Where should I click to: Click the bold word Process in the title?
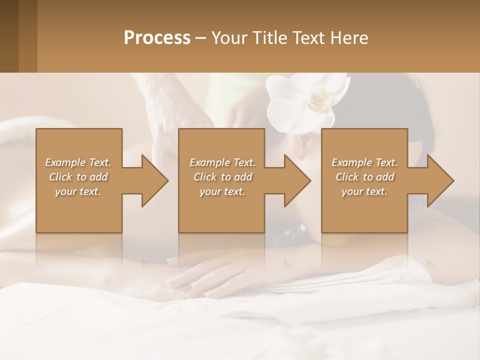[157, 38]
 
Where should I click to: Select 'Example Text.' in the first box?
[78, 162]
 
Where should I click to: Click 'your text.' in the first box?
[78, 191]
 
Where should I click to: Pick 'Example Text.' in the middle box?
[222, 162]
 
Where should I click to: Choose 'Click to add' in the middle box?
[222, 177]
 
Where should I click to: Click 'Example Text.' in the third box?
[364, 162]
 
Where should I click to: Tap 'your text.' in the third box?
[364, 191]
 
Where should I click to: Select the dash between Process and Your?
[201, 38]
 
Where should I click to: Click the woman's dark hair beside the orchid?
[380, 100]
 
